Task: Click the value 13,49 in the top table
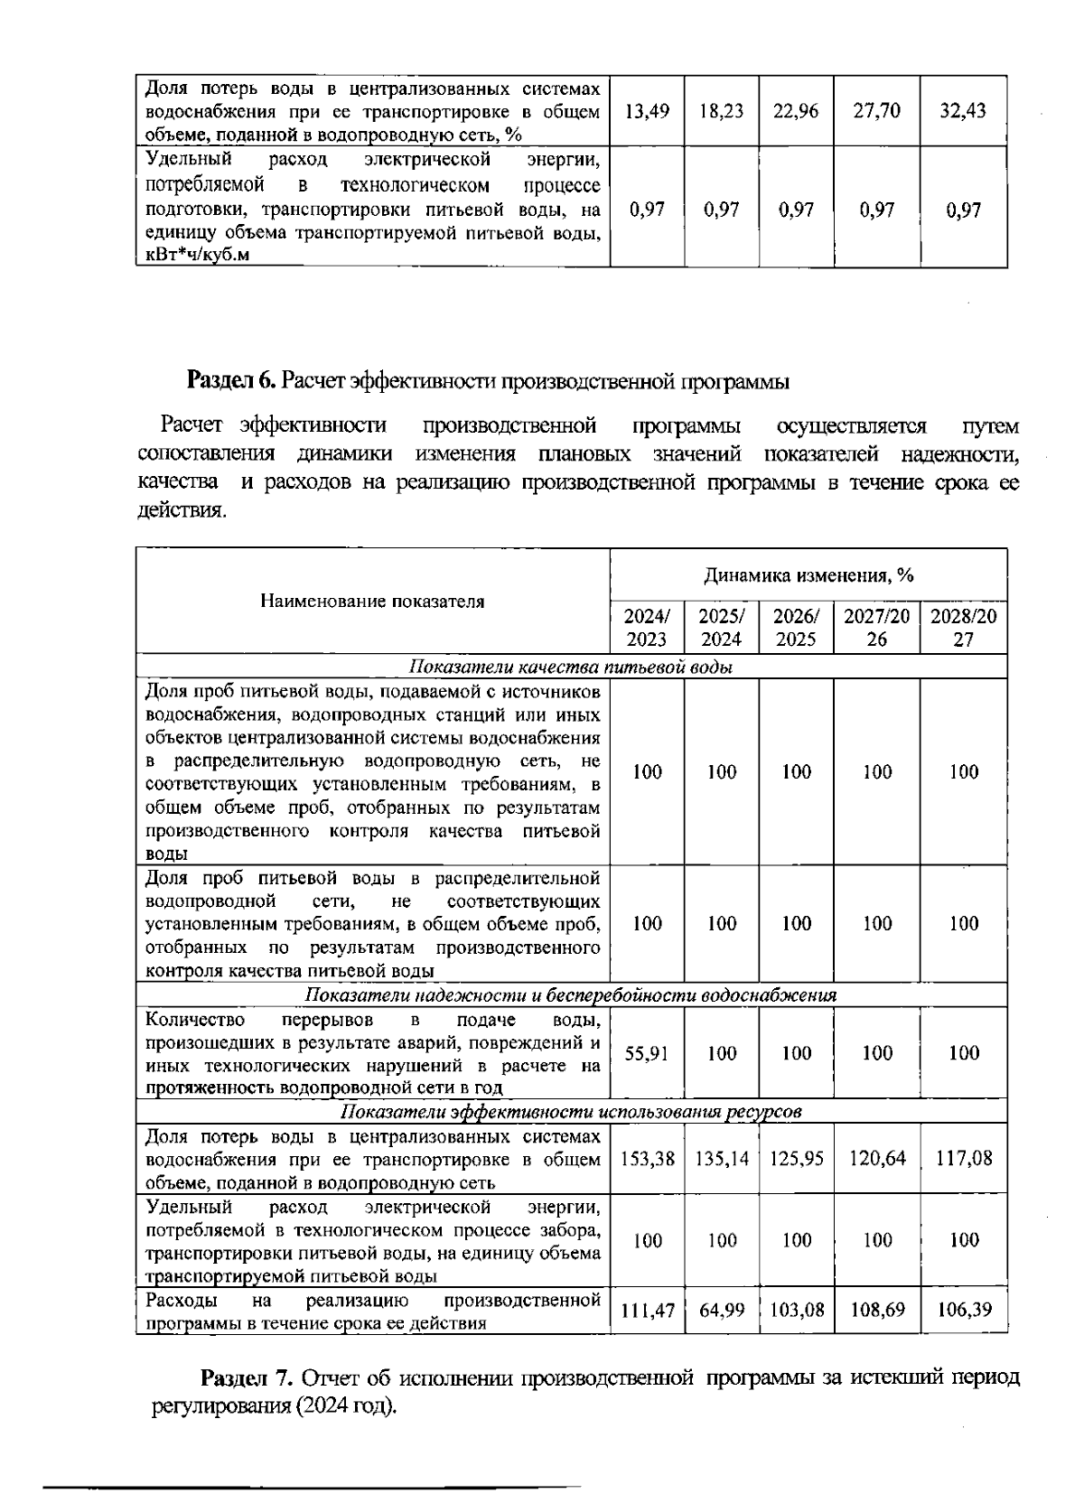point(647,111)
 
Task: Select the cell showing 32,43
point(963,111)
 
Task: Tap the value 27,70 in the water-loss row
point(876,111)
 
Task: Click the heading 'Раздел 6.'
point(231,381)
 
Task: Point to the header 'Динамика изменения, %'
point(808,575)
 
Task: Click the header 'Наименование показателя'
point(372,602)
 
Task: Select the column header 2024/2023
point(647,628)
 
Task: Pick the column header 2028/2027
point(963,628)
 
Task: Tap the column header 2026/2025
point(796,628)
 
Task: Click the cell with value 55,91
point(647,1053)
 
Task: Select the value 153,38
point(647,1159)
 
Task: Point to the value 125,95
point(796,1159)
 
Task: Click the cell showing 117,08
point(963,1159)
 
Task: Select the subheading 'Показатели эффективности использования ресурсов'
point(571,1112)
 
